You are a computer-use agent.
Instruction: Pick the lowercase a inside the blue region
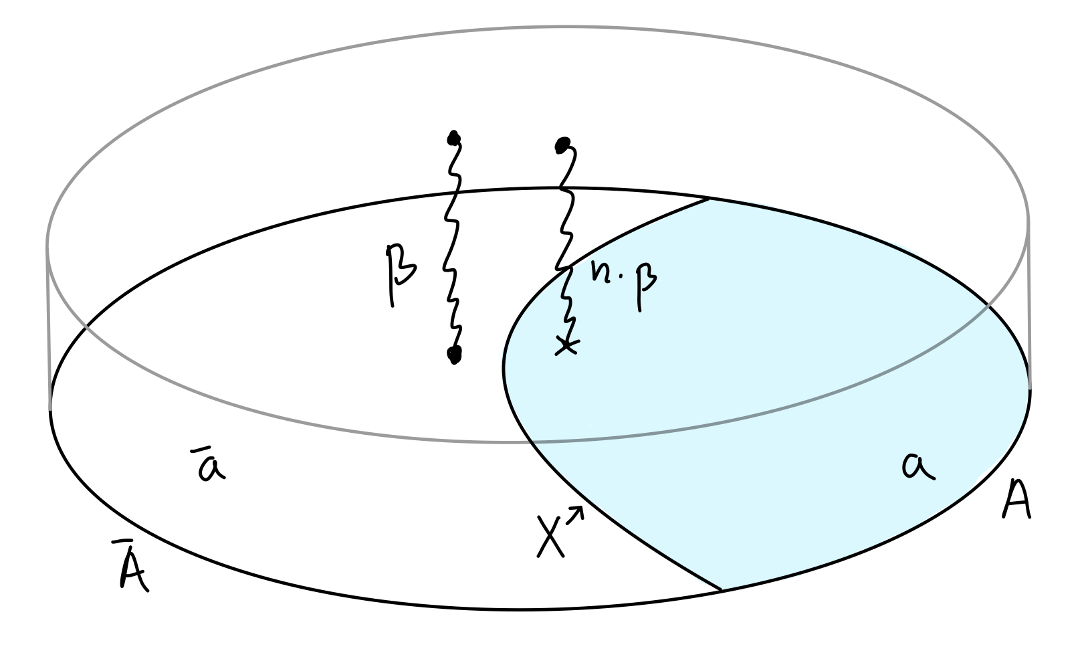point(918,466)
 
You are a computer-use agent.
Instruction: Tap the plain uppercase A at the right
point(1016,502)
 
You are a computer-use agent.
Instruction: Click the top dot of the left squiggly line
point(455,139)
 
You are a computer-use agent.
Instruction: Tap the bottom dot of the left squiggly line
point(455,355)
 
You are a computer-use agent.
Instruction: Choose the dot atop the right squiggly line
point(562,144)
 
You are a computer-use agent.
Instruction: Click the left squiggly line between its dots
point(453,248)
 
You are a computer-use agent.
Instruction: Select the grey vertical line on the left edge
point(48,328)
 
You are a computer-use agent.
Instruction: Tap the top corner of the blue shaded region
point(707,199)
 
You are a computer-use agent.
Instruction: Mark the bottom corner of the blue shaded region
point(721,590)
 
